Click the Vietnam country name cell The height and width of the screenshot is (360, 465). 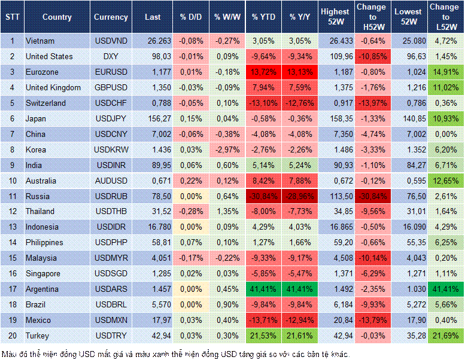(x=40, y=41)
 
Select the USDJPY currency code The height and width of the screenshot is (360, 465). (x=111, y=118)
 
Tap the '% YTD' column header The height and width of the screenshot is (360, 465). (x=264, y=17)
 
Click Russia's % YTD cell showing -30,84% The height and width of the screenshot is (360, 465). (x=264, y=196)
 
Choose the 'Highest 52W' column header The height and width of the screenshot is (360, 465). (x=335, y=17)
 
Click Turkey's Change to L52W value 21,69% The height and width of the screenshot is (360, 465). (x=446, y=335)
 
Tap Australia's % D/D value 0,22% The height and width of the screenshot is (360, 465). (x=192, y=181)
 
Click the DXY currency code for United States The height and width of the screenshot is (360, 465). (x=111, y=56)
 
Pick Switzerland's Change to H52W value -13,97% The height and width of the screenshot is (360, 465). (x=371, y=103)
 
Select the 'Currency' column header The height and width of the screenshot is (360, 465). (x=111, y=17)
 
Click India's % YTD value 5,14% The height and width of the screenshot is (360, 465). (x=264, y=165)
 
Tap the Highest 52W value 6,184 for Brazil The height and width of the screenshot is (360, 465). (x=335, y=304)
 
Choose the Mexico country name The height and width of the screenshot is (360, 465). (x=38, y=320)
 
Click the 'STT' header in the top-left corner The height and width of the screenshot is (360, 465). (x=12, y=17)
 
